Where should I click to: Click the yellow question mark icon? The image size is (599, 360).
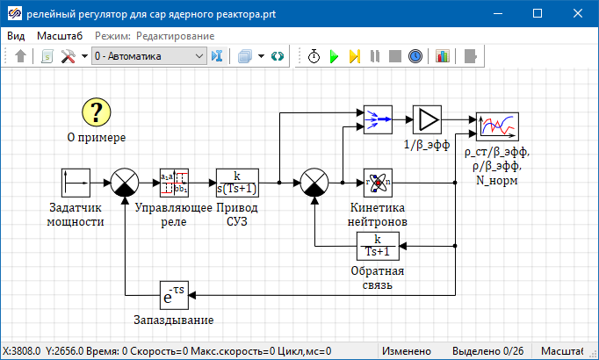tap(97, 112)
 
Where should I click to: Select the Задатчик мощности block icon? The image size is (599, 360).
tap(76, 183)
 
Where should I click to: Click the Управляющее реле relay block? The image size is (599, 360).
tap(174, 183)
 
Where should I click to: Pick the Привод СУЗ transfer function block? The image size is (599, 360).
tap(238, 183)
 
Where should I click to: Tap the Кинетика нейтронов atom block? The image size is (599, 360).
tap(377, 183)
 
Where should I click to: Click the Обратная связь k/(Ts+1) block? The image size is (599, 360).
tap(377, 247)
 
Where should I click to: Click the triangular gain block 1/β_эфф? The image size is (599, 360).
tap(427, 119)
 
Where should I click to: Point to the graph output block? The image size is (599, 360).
tap(498, 126)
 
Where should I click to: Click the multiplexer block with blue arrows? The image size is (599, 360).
tap(377, 119)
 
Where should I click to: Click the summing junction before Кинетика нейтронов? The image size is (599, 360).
tap(314, 183)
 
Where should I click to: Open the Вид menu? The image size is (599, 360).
tap(16, 36)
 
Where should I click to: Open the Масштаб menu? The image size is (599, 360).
tap(60, 36)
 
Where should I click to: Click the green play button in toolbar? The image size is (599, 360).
tap(334, 56)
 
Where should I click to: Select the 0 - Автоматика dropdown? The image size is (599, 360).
tap(148, 56)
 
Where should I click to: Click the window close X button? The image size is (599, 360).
tap(578, 14)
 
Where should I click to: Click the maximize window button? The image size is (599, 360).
tap(538, 14)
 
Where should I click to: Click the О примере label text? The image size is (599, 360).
tap(97, 138)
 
